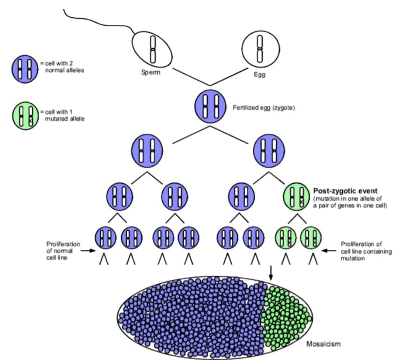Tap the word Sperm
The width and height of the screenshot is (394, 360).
(x=151, y=74)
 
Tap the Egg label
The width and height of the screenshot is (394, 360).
(x=259, y=74)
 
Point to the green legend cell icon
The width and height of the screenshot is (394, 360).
(x=24, y=115)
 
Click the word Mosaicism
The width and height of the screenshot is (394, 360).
(x=321, y=344)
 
